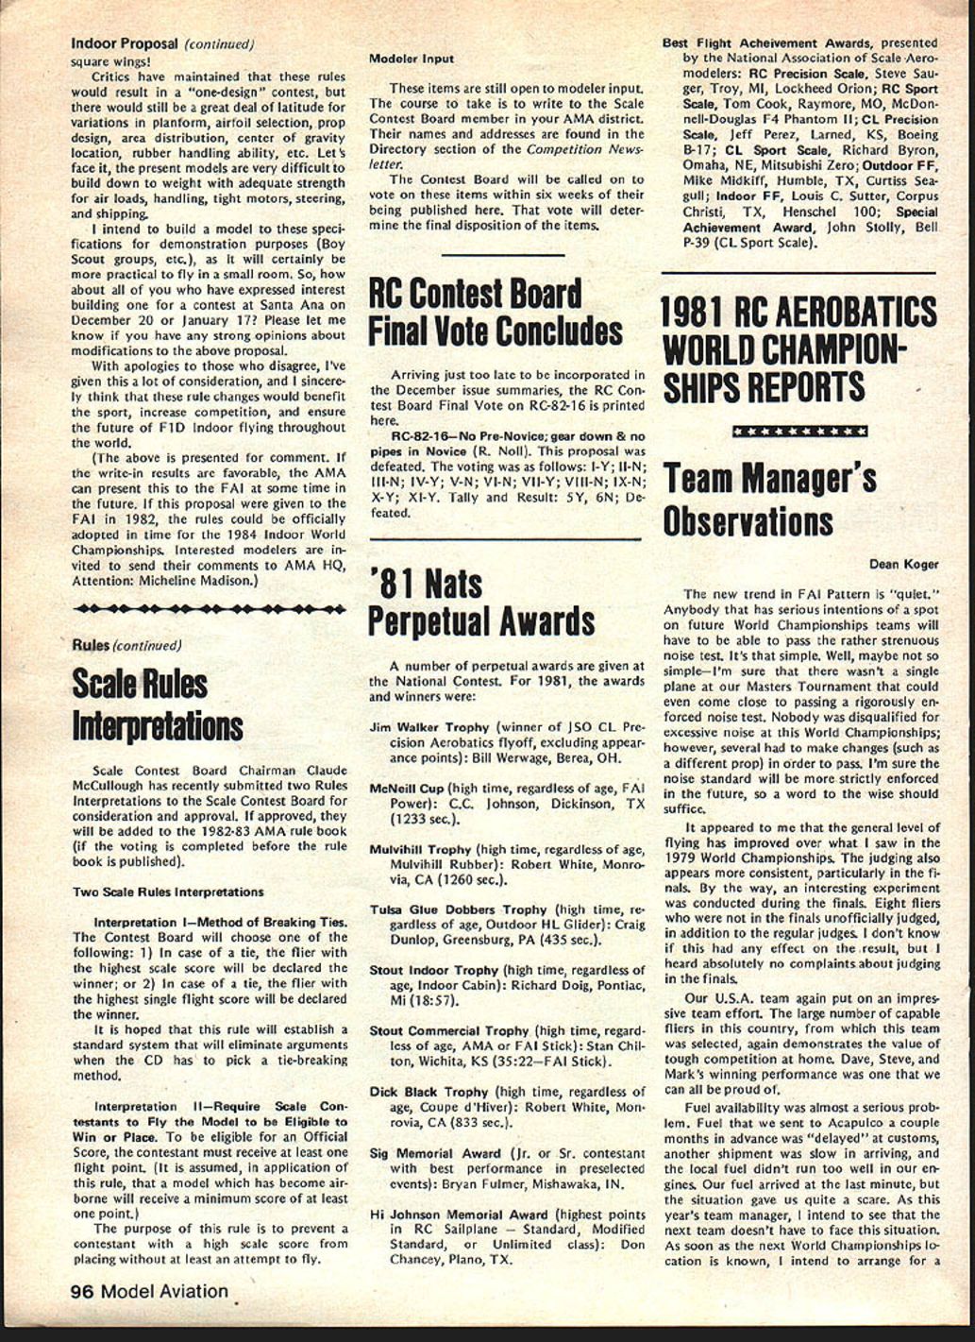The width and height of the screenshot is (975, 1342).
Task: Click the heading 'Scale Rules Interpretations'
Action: point(157,705)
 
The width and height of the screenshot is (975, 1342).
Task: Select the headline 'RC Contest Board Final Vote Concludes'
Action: point(496,313)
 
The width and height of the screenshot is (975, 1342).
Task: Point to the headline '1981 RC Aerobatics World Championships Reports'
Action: point(798,349)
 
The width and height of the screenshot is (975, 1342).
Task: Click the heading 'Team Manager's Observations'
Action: point(769,501)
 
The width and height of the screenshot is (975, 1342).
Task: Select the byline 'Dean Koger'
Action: point(903,565)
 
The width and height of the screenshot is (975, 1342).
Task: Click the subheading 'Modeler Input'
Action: point(412,59)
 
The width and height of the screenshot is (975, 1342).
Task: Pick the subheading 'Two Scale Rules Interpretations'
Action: point(168,892)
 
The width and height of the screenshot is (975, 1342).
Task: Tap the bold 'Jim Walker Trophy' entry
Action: point(429,727)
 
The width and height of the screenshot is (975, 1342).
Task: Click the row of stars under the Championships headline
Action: point(799,432)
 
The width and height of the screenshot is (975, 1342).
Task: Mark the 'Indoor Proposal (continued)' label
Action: point(162,43)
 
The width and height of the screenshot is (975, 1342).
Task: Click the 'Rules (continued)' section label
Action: point(126,645)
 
